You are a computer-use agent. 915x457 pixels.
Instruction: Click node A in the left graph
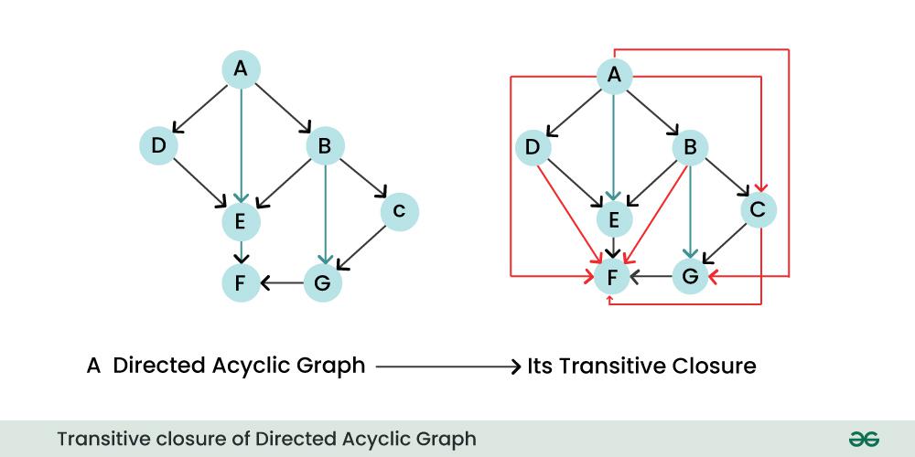point(241,69)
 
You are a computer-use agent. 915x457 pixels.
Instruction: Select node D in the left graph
point(158,145)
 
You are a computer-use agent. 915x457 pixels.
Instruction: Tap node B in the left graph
point(325,145)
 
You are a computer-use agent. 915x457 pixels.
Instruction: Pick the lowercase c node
point(400,211)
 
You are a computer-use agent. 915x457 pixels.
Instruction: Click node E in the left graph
point(241,222)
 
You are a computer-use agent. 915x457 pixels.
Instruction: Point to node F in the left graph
point(241,283)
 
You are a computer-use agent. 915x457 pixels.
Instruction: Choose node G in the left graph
point(323,283)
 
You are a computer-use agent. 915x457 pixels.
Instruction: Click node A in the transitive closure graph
point(614,76)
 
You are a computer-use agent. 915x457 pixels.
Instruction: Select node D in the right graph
point(533,147)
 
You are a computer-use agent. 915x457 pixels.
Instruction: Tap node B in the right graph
point(690,147)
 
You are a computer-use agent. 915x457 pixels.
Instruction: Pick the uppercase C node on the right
point(759,210)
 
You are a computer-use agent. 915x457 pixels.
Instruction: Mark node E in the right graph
point(614,219)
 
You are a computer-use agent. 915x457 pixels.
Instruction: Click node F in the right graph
point(611,278)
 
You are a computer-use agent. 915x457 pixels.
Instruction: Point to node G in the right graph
point(690,276)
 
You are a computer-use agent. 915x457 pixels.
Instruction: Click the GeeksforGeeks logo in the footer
point(865,439)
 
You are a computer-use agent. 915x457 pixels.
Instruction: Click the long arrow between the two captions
point(447,367)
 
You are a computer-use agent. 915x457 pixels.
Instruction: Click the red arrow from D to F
point(569,215)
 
